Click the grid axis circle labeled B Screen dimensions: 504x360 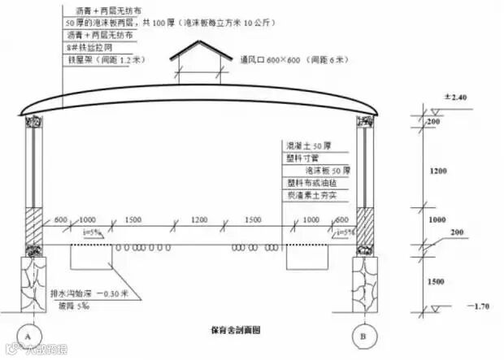tap(361, 335)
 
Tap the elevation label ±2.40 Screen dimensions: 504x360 tap(453, 97)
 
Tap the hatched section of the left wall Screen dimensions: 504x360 tap(34, 223)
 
